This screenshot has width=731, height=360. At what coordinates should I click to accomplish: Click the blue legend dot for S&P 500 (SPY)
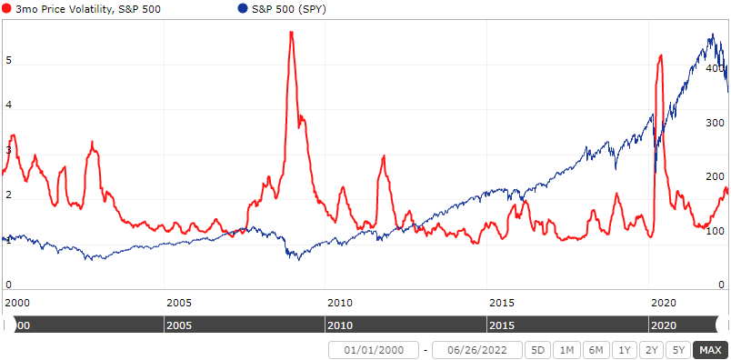click(x=242, y=8)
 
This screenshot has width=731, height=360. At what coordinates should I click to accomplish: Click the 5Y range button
click(x=677, y=350)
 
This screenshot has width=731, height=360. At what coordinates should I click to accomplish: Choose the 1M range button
click(x=567, y=350)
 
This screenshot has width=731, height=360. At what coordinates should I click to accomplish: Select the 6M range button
click(x=596, y=350)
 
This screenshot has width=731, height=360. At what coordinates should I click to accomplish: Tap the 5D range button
click(x=539, y=350)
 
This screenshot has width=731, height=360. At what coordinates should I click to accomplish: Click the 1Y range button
click(x=624, y=350)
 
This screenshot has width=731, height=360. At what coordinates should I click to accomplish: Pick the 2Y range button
click(x=651, y=350)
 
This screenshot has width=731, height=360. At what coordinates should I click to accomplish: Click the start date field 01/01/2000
click(x=374, y=350)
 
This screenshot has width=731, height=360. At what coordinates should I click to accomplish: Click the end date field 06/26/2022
click(x=477, y=350)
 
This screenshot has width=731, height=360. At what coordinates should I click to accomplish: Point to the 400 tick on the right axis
click(x=715, y=69)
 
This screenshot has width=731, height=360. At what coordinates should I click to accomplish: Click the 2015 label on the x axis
click(x=502, y=301)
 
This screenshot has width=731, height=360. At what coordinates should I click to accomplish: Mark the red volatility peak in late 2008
click(x=291, y=33)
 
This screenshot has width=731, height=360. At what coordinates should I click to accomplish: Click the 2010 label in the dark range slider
click(x=339, y=325)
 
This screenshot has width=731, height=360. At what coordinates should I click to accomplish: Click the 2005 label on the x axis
click(x=178, y=301)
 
